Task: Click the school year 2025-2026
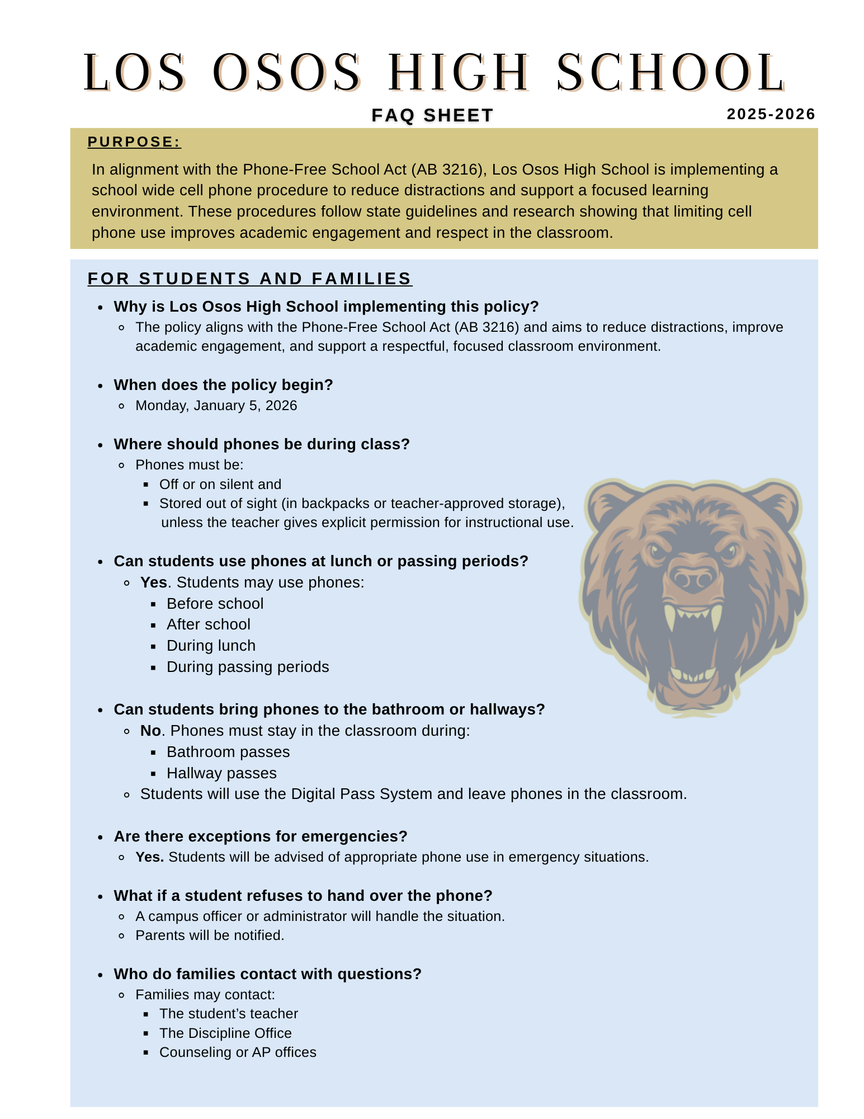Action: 770,114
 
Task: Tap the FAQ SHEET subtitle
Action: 432,115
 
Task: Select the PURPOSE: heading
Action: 134,142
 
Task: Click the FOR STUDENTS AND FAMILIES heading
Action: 249,279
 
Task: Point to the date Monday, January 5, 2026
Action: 216,406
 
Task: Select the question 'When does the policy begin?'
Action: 223,385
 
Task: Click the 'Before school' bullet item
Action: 215,604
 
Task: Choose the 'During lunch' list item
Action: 211,646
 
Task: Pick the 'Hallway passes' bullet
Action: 221,773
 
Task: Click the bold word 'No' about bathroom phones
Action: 150,731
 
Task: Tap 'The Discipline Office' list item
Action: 225,1033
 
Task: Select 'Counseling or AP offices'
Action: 238,1052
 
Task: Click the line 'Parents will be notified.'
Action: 210,935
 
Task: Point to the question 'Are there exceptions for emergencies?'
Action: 261,836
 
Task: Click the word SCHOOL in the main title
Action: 671,73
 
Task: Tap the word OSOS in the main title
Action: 286,73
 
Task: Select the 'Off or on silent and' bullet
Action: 220,485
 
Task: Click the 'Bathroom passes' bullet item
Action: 228,752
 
